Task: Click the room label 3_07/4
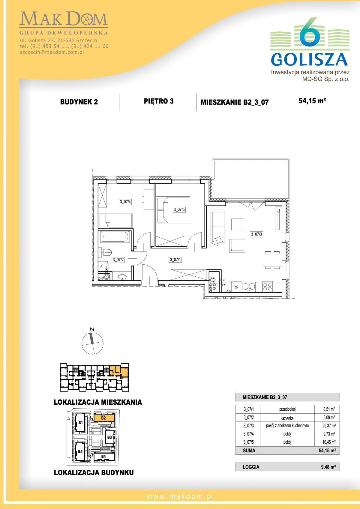125,201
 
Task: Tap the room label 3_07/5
179,210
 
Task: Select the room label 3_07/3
256,234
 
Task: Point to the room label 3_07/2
118,260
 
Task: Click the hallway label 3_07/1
175,260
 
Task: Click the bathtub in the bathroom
115,237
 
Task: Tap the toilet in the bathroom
107,252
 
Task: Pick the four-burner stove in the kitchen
267,287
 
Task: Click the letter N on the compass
92,329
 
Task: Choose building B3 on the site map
109,437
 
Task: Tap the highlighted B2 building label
103,418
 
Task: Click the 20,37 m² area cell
329,426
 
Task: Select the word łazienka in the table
287,418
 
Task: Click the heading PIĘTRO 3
159,101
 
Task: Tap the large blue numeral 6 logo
310,32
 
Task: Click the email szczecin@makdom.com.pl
52,52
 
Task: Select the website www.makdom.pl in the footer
180,496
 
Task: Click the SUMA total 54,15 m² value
327,451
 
